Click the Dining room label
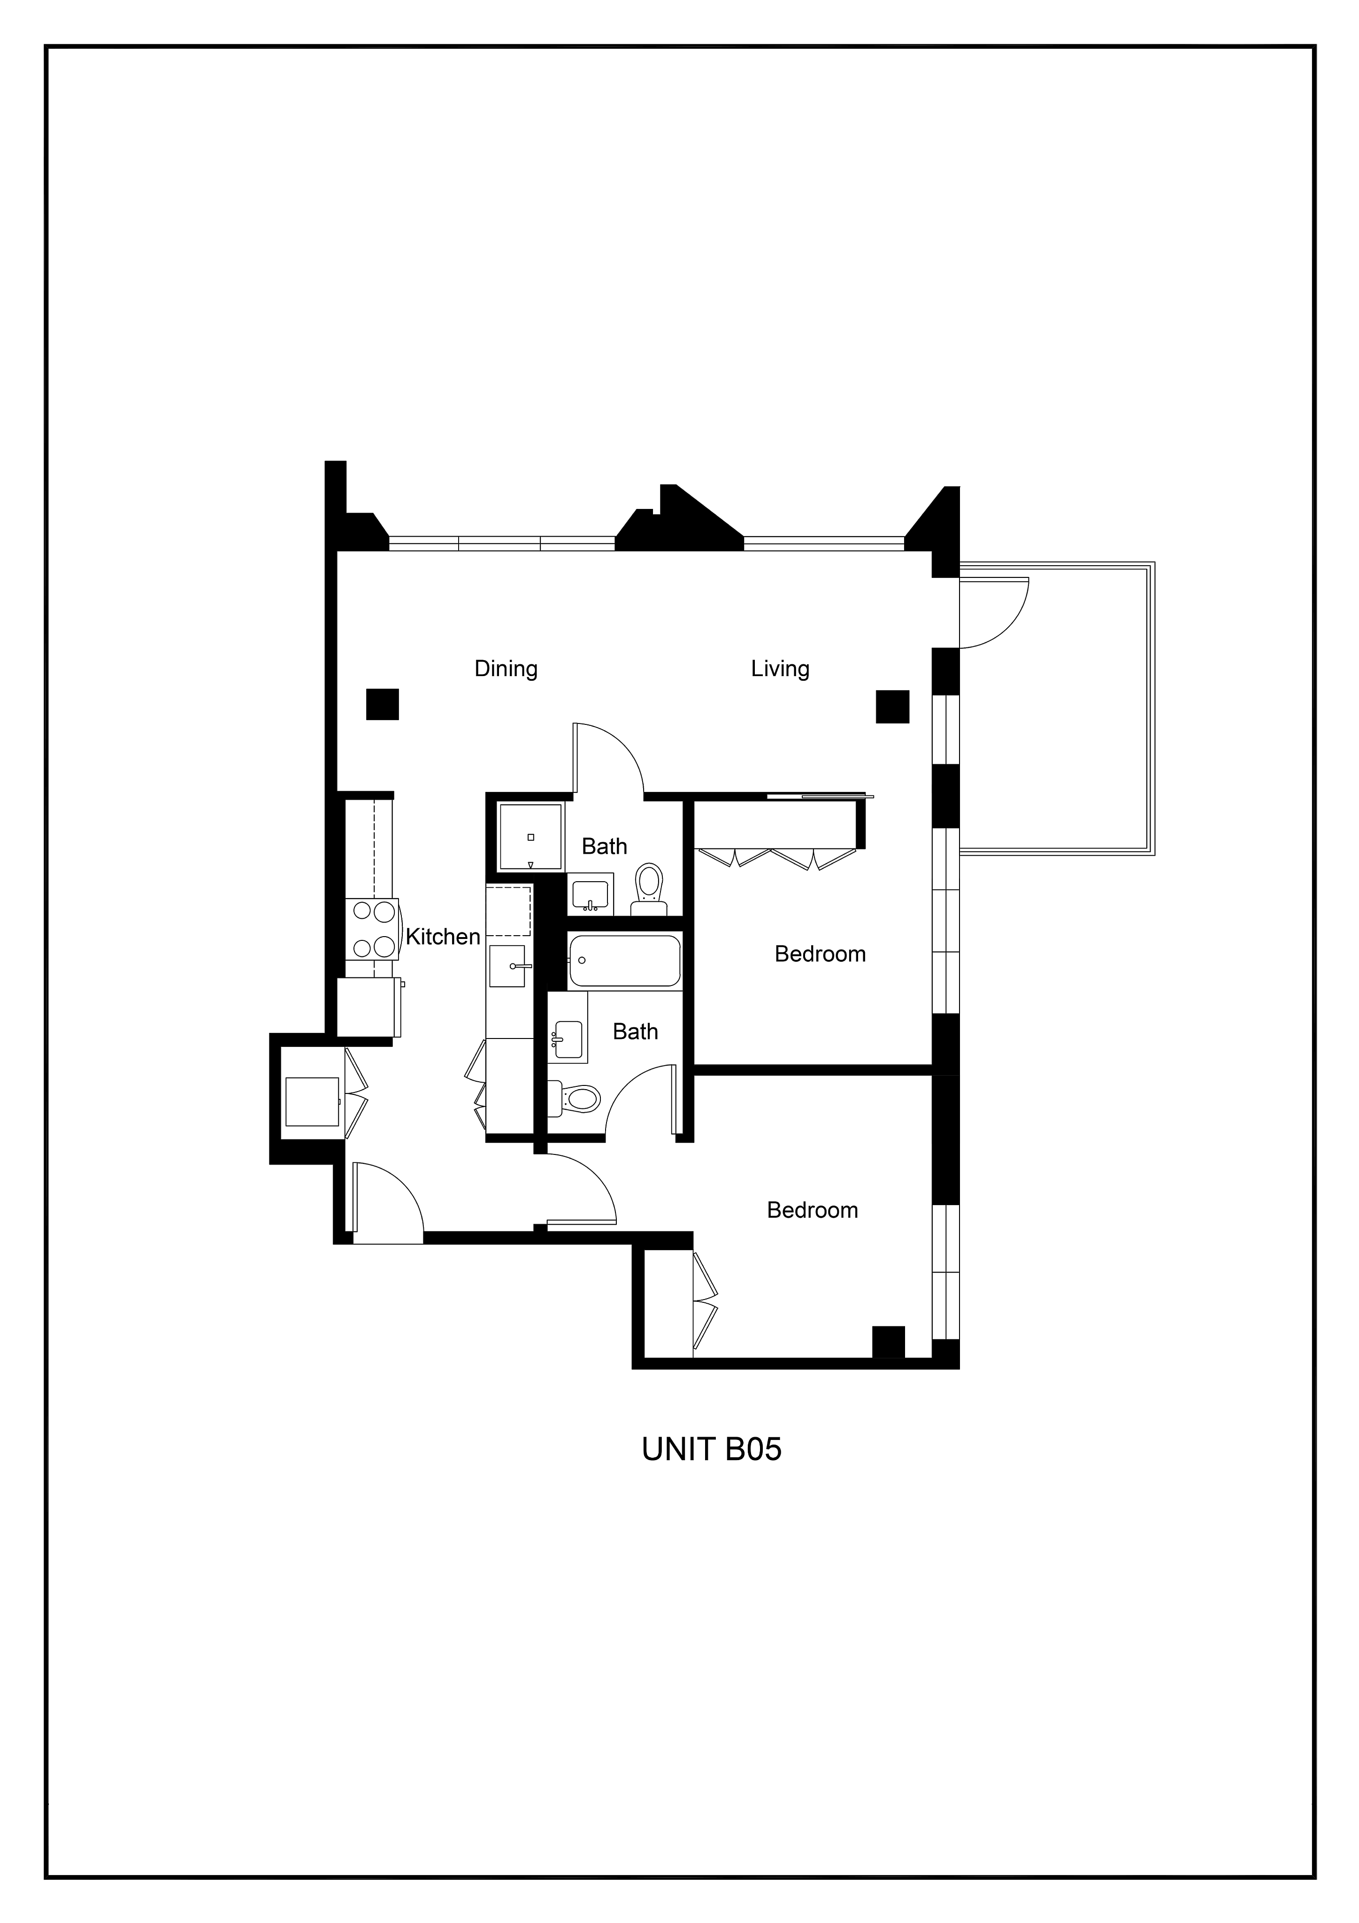click(x=506, y=669)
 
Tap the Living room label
click(x=780, y=669)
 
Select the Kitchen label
click(x=443, y=936)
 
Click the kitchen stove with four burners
click(x=374, y=929)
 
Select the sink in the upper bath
click(x=591, y=894)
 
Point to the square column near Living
click(x=892, y=706)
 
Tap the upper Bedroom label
click(x=820, y=954)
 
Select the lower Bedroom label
click(x=812, y=1210)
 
